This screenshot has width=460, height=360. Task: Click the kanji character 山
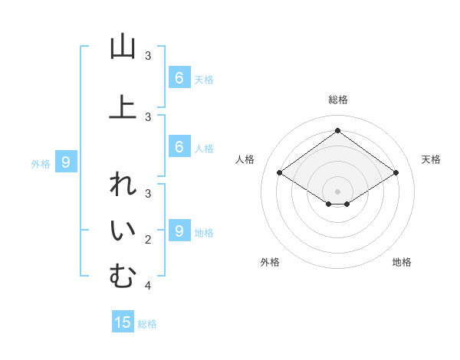click(123, 47)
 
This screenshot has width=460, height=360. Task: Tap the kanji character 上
click(123, 106)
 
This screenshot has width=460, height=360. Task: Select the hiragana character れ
click(123, 186)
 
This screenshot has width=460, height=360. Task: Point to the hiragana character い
click(123, 231)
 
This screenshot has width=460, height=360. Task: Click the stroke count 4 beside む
click(148, 286)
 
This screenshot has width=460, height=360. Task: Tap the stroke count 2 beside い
click(148, 240)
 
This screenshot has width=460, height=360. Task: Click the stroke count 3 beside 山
click(148, 56)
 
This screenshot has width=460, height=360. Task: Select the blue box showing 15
click(123, 322)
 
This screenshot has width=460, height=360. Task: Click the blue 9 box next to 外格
click(66, 162)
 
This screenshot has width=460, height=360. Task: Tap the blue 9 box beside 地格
click(179, 231)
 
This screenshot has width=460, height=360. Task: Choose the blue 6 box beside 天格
click(179, 77)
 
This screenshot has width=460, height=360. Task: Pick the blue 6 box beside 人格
click(179, 147)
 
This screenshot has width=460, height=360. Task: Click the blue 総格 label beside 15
click(147, 324)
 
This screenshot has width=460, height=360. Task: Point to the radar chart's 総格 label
click(337, 100)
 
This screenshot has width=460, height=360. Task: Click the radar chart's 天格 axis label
click(432, 159)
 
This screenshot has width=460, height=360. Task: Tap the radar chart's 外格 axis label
click(270, 262)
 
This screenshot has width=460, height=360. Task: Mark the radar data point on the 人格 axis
click(280, 173)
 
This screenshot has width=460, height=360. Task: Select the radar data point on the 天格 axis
click(396, 173)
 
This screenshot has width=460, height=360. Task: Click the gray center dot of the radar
click(337, 191)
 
